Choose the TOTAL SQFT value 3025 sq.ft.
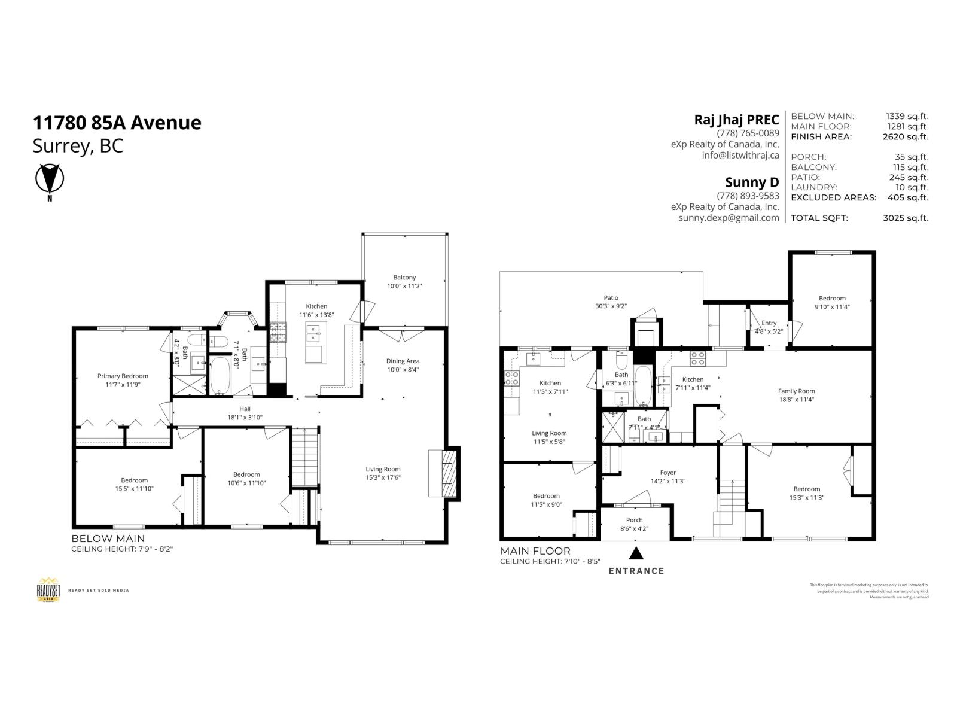pyautogui.click(x=906, y=218)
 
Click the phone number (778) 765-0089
pyautogui.click(x=748, y=133)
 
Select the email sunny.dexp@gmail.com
pyautogui.click(x=729, y=218)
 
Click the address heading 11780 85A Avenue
pyautogui.click(x=117, y=123)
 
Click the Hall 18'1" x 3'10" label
pyautogui.click(x=244, y=413)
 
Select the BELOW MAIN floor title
pyautogui.click(x=108, y=538)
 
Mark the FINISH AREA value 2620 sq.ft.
pyautogui.click(x=906, y=136)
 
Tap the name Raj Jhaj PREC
pyautogui.click(x=736, y=120)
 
